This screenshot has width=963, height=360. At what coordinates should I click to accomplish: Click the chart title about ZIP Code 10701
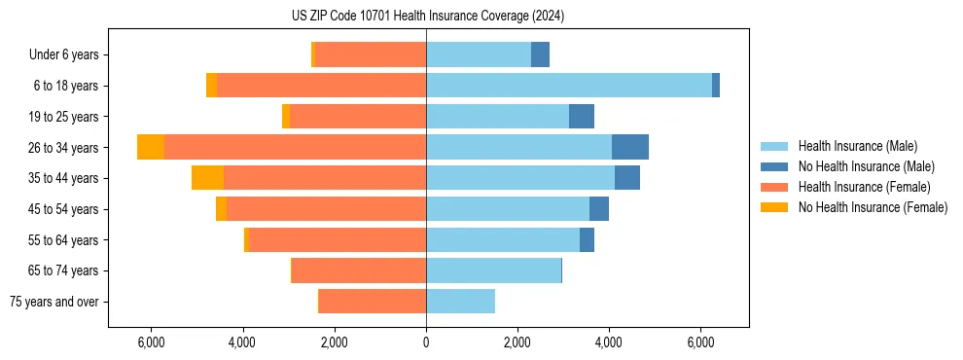427,17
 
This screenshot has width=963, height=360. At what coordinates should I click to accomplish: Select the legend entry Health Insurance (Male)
857,146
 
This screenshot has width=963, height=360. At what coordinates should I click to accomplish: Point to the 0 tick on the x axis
426,342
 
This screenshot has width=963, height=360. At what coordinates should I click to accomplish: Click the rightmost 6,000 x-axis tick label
700,342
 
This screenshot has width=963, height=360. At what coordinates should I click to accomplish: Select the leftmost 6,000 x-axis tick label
151,342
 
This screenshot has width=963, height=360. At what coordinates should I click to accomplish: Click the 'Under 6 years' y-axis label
63,55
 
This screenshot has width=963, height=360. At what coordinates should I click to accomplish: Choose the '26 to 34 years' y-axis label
65,148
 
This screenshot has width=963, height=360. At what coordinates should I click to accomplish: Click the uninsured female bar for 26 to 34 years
151,147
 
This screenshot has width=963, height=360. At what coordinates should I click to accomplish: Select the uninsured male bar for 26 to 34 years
630,147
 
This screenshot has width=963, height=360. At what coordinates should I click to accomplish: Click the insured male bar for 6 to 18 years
569,86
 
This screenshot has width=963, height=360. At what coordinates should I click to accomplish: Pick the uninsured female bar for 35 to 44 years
207,178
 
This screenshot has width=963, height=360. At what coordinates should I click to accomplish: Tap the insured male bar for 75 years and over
460,302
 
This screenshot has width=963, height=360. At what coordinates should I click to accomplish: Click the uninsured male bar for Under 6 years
540,54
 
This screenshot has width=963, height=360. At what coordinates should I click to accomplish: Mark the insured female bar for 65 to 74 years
359,270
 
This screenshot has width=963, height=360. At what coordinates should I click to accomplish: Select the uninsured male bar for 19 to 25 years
582,117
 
